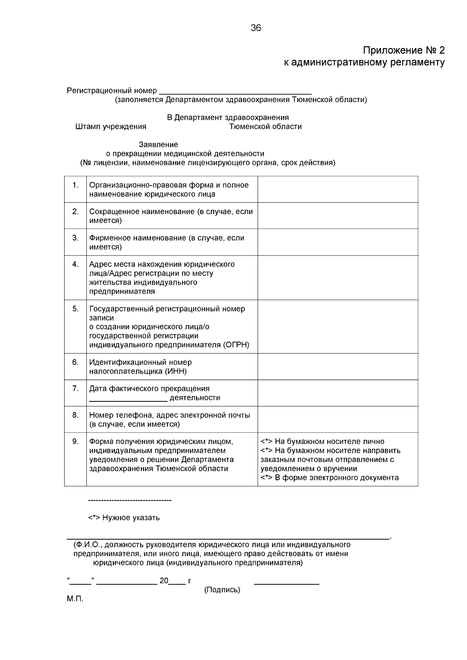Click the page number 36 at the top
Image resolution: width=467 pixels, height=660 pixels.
[x=256, y=28]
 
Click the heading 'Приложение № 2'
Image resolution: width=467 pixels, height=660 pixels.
[x=404, y=51]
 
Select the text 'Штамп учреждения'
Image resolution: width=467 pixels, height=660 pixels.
[x=111, y=127]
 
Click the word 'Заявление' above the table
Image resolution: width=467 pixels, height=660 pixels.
[x=158, y=145]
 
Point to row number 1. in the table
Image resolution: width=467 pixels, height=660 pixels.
[x=75, y=185]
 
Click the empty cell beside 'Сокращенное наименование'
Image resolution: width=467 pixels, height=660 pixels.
[x=337, y=216]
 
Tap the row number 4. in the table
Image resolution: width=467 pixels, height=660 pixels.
[x=75, y=264]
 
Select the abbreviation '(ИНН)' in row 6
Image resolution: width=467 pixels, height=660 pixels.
[x=177, y=371]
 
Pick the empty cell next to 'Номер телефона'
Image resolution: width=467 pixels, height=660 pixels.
[x=337, y=420]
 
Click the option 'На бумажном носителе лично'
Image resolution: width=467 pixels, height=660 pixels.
[x=329, y=442]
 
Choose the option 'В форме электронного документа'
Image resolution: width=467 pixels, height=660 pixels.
[x=336, y=478]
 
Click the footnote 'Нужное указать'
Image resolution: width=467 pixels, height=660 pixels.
[x=131, y=518]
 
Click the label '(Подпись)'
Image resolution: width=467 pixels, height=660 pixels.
[x=222, y=590]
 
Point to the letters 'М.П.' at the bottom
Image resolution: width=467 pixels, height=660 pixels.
[x=75, y=599]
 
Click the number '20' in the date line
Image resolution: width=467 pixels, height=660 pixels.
[x=164, y=581]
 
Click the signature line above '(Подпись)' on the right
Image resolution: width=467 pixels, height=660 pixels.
[x=286, y=583]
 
